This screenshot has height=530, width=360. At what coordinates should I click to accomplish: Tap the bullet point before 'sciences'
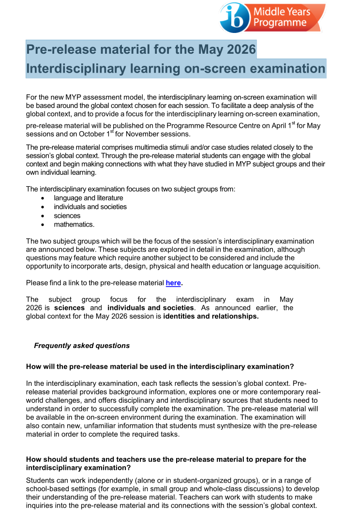pos(44,216)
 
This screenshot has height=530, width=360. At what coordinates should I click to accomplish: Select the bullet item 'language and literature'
pos(88,197)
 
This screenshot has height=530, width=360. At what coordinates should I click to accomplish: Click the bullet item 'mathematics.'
pos(74,225)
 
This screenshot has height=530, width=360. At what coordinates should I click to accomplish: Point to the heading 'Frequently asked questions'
pos(82,346)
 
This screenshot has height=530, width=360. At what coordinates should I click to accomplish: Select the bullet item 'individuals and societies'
pos(90,207)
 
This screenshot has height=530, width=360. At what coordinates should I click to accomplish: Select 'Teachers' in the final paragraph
pos(232,497)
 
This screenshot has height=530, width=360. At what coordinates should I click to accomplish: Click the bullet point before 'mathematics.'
pos(44,225)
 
